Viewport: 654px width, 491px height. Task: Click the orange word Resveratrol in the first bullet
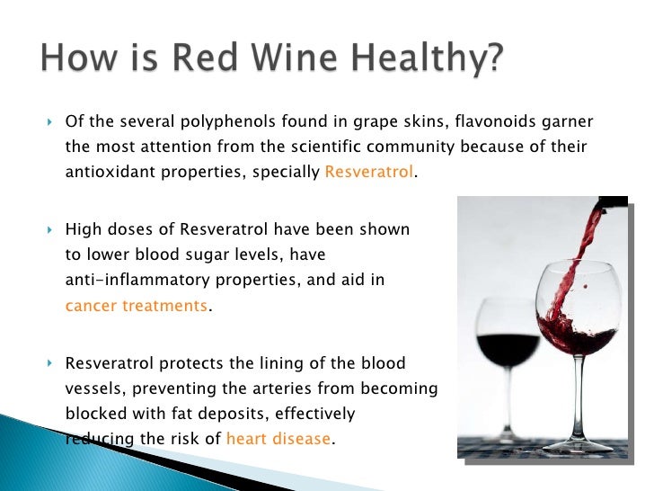(x=369, y=172)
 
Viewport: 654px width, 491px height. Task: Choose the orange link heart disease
(x=278, y=440)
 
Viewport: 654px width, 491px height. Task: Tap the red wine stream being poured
(x=562, y=270)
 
